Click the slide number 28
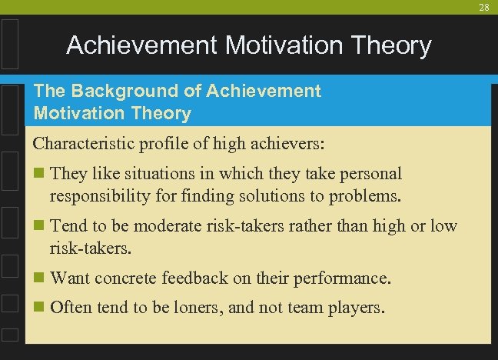pos(483,7)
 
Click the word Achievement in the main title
pos(142,46)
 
